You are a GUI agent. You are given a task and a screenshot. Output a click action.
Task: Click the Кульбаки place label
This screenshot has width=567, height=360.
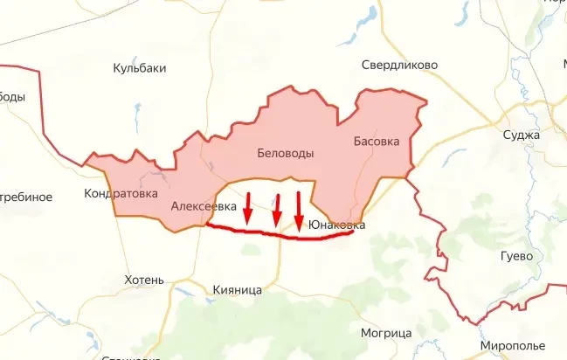click(x=140, y=68)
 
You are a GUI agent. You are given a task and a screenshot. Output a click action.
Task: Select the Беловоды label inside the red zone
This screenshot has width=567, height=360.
click(x=286, y=154)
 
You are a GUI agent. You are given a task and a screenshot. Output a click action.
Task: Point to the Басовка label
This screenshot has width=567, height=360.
click(x=376, y=141)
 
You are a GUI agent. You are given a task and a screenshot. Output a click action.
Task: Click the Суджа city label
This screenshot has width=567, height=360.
click(x=522, y=135)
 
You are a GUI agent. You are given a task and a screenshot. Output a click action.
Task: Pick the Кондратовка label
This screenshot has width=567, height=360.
click(x=121, y=193)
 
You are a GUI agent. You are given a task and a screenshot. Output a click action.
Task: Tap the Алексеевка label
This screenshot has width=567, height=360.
click(x=204, y=206)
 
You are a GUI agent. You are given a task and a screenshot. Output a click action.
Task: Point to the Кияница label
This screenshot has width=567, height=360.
click(x=237, y=289)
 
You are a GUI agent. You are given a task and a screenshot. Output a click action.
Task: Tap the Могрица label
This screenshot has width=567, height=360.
click(x=385, y=334)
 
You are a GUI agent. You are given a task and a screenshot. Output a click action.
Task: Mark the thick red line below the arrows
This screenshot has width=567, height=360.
click(x=280, y=233)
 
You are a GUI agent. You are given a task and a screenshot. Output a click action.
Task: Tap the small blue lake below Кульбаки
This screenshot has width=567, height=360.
click(x=137, y=113)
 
